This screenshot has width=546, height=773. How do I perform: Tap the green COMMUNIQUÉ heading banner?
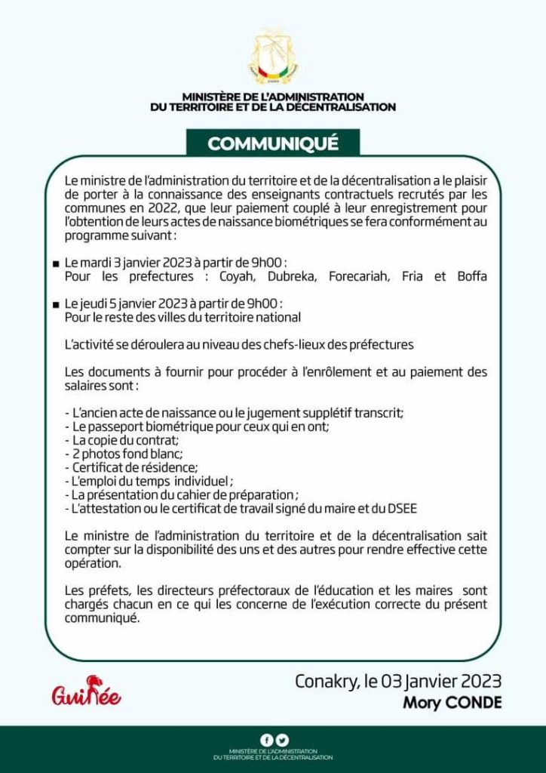point(273,143)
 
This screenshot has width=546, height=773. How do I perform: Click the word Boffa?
point(472,276)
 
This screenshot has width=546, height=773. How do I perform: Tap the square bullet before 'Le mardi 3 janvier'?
point(56,264)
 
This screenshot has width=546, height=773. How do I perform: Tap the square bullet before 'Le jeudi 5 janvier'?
point(56,304)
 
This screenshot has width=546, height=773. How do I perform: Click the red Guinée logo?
point(86,692)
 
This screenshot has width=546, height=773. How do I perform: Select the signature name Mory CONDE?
point(452,704)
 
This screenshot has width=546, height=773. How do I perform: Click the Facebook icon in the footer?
point(265,740)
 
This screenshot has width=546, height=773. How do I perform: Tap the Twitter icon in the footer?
point(281,740)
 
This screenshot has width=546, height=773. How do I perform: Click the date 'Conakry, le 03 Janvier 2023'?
point(397,681)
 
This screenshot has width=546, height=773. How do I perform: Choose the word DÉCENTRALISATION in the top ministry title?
point(336,107)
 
